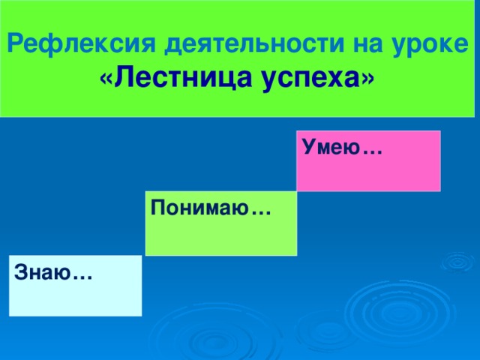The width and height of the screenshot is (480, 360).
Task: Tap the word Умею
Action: pos(331,149)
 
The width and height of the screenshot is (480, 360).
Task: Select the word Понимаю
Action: pos(199,208)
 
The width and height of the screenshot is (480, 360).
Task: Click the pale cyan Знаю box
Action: pos(75,296)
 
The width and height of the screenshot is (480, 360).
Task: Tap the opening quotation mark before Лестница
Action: pos(104,78)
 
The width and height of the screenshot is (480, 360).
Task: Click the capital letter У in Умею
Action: pos(310,148)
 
